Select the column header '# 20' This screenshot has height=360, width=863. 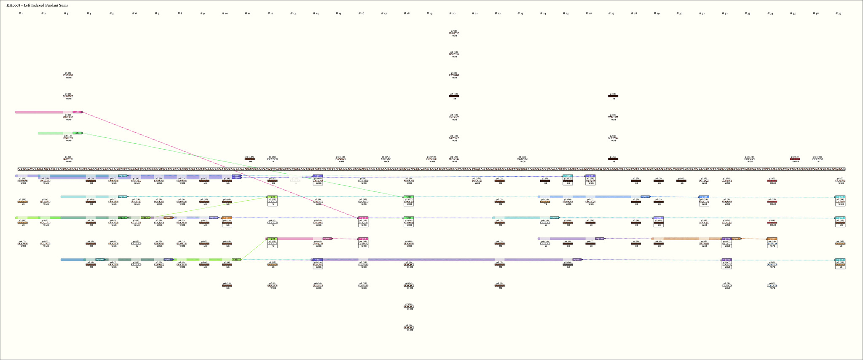452,13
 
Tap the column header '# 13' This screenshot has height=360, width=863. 293,13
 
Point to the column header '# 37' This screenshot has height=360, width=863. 839,13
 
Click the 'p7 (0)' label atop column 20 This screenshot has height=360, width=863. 454,31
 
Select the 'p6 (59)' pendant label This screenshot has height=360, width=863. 454,52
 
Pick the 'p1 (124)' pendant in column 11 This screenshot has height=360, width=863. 249,157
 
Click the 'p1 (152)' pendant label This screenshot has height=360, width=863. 340,157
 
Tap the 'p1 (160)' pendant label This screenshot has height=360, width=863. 431,157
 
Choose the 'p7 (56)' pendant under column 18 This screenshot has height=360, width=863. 408,304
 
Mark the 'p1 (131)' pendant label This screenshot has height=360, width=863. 749,157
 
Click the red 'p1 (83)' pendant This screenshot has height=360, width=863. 795,159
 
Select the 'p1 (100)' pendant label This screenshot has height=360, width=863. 817,157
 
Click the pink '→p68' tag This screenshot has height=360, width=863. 77,112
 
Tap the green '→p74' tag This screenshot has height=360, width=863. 77,133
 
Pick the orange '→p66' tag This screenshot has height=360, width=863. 168,218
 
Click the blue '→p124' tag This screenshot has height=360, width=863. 645,196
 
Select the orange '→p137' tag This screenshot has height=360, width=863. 736,239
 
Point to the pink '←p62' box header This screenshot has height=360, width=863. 363,239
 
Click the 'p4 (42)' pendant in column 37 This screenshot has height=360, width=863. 840,241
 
